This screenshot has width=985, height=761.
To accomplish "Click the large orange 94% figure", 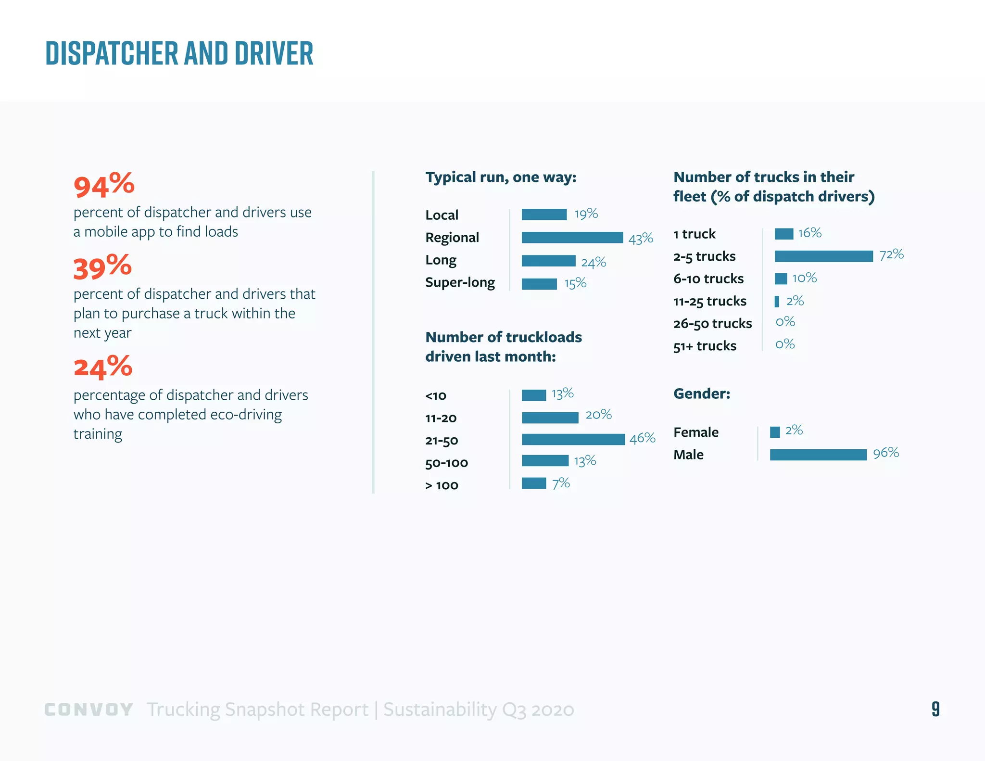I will click(x=104, y=186).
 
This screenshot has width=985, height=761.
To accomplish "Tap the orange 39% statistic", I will click(x=102, y=267).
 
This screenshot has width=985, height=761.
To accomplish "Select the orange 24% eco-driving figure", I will click(x=103, y=367).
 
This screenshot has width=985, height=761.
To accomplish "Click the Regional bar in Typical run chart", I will click(x=572, y=238).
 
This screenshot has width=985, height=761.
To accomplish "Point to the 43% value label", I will click(x=641, y=239).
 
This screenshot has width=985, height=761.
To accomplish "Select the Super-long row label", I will click(x=460, y=282).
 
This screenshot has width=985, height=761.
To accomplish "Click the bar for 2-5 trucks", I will click(x=823, y=256).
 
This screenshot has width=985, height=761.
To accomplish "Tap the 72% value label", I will click(x=891, y=254).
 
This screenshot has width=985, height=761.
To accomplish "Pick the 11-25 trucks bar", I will click(x=777, y=302).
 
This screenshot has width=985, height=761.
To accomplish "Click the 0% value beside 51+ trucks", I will click(x=785, y=344).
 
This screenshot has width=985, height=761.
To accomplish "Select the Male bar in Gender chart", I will click(x=818, y=455).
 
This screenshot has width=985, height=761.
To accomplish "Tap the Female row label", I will click(x=696, y=432).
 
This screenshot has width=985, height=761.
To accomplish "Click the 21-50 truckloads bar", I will click(x=573, y=439).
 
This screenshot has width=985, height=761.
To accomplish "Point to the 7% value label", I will click(x=561, y=483).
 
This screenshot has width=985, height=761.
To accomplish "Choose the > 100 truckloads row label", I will click(x=442, y=485).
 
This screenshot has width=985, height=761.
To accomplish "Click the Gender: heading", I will click(x=702, y=393).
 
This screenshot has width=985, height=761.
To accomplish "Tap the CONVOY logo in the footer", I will click(x=88, y=710).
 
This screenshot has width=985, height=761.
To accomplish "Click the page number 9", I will click(x=935, y=709).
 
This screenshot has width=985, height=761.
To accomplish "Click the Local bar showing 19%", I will click(x=544, y=215).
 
